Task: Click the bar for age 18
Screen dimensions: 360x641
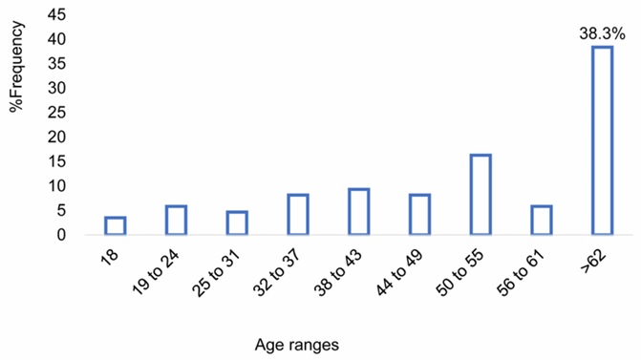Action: click(115, 225)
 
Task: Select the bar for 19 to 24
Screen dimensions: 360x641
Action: click(176, 220)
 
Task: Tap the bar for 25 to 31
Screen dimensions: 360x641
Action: click(237, 222)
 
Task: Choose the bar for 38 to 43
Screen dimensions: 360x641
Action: click(359, 211)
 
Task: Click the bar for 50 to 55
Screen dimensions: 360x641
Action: click(481, 194)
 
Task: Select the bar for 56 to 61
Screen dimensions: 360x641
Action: click(542, 220)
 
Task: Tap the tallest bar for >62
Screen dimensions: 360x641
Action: click(602, 140)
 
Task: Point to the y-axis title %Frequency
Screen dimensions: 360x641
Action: click(16, 76)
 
